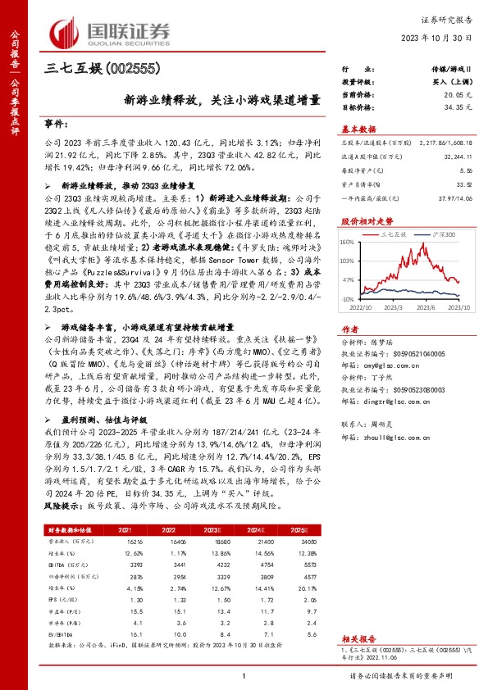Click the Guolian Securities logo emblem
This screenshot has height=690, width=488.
pyautogui.click(x=66, y=31)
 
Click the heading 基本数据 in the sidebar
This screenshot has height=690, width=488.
pyautogui.click(x=358, y=128)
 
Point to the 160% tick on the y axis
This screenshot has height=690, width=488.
pyautogui.click(x=345, y=242)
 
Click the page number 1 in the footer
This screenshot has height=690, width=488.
pyautogui.click(x=244, y=675)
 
